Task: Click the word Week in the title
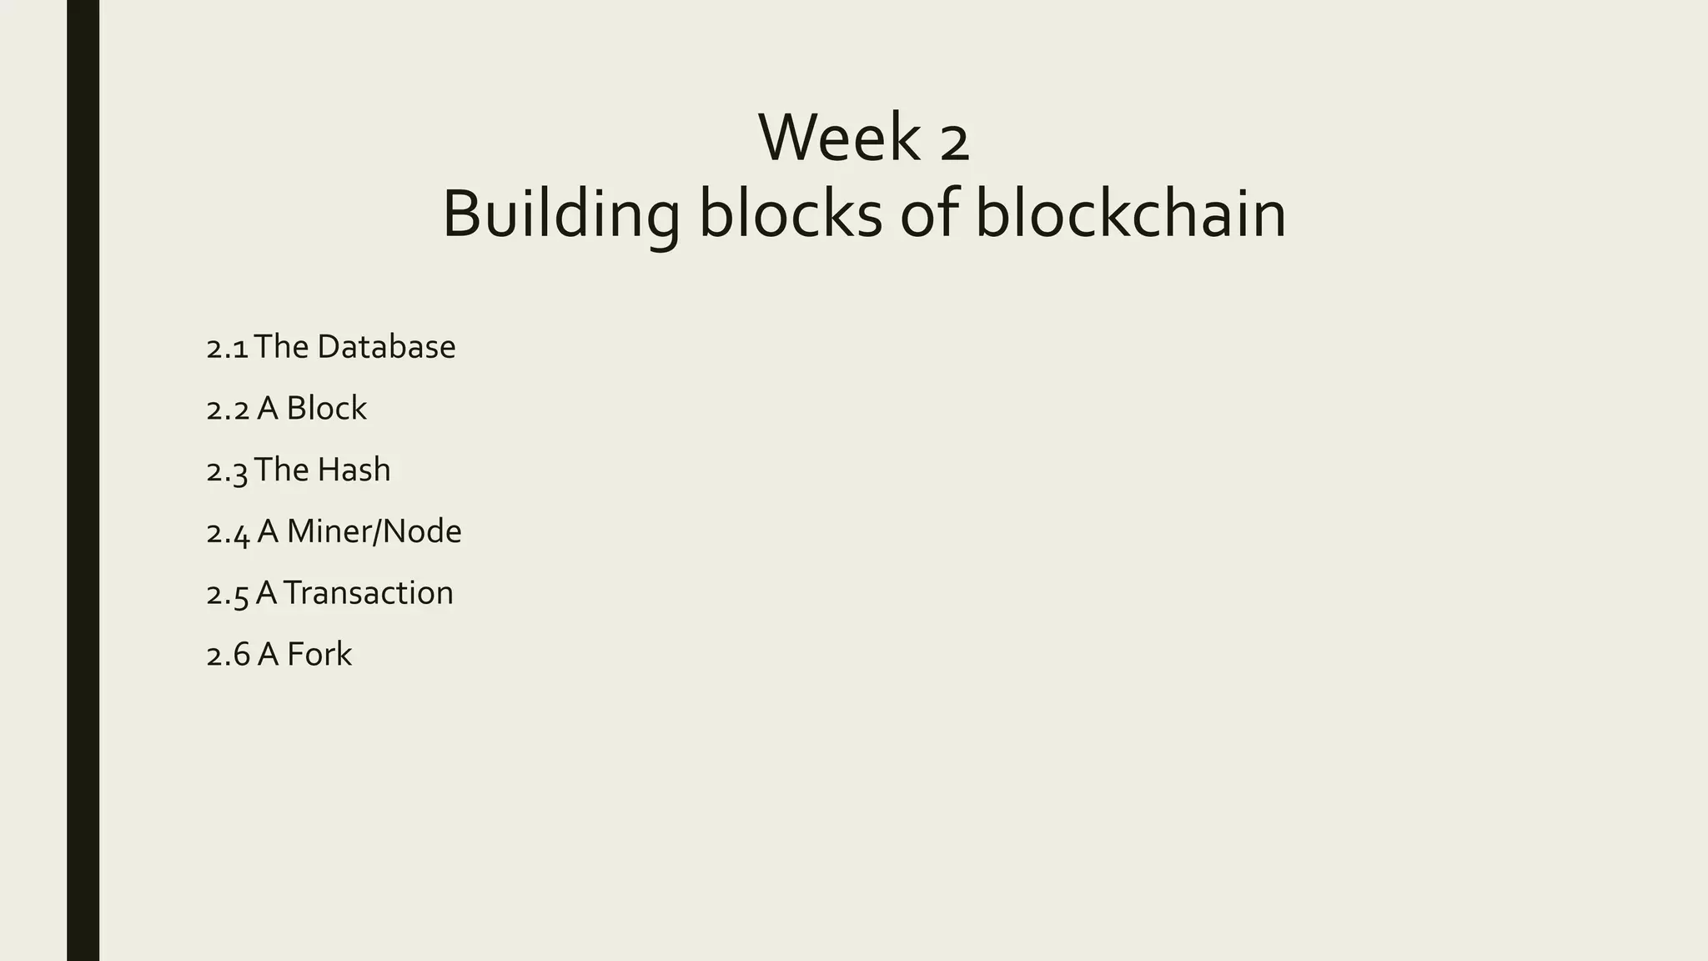click(x=838, y=138)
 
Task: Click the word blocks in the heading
click(x=790, y=214)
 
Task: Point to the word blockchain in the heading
click(x=1130, y=214)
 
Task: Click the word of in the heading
click(x=928, y=214)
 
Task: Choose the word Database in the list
click(x=386, y=347)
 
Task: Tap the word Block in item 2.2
click(x=326, y=409)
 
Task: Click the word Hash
click(x=354, y=470)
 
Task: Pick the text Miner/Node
click(x=374, y=532)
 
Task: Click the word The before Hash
click(x=281, y=470)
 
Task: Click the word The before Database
click(x=281, y=347)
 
